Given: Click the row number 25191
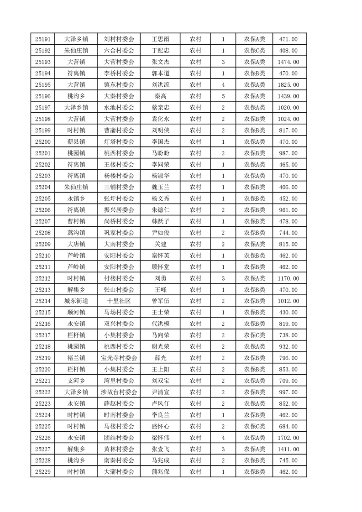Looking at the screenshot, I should click(42, 39).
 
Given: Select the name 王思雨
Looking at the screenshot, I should click(160, 39).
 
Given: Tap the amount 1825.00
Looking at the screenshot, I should click(289, 85).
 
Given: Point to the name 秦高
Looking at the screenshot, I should click(160, 96).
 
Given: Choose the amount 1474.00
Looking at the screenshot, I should click(289, 62).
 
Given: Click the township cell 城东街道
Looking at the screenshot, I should click(76, 301).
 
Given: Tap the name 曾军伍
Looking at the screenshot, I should click(160, 301).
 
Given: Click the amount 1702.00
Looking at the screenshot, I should click(289, 438).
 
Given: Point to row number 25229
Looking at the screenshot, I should click(42, 472).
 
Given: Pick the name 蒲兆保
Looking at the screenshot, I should click(160, 472).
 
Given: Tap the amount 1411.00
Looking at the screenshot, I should click(289, 449).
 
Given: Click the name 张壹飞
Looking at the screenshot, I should click(160, 449).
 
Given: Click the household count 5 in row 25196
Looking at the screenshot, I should click(223, 96).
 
